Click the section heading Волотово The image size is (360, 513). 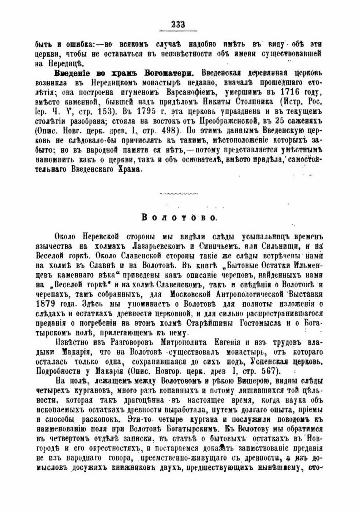pyautogui.click(x=179, y=217)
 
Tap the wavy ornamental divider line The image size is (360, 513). pyautogui.click(x=179, y=194)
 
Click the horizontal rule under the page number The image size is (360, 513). pyautogui.click(x=179, y=31)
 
